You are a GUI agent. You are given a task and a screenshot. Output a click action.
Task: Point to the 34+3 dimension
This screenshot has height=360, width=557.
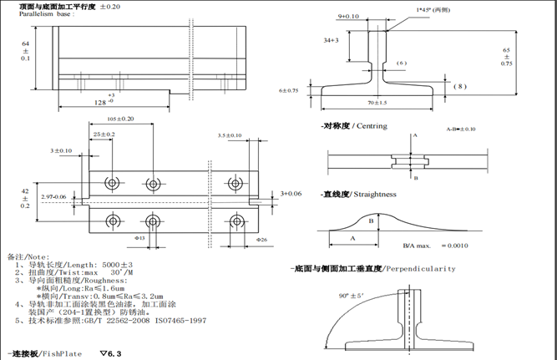coord(330,39)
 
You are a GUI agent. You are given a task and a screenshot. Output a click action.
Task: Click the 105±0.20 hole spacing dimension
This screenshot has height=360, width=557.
coord(120,119)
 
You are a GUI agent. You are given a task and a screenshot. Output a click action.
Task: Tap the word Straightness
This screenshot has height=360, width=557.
coord(374,194)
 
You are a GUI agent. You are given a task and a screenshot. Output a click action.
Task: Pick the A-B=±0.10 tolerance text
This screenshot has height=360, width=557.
coord(460,129)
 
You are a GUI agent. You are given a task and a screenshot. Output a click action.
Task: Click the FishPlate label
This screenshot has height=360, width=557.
coord(63,354)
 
